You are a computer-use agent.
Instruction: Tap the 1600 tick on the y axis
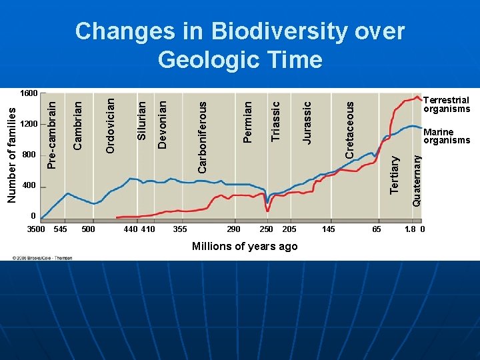(29, 93)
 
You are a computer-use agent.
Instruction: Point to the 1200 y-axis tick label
(29, 125)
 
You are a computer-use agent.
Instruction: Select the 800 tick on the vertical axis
(29, 155)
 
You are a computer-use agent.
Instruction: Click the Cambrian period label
(77, 125)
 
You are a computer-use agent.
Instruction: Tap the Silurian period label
(141, 121)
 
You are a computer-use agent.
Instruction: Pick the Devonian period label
(162, 125)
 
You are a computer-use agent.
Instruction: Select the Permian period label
(247, 122)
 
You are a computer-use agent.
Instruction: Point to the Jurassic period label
(307, 122)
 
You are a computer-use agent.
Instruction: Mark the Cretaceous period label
(349, 129)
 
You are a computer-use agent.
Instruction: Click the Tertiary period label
(395, 175)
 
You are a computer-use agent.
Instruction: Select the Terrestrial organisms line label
(447, 105)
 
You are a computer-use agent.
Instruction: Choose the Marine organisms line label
(447, 136)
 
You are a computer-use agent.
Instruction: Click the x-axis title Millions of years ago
(245, 247)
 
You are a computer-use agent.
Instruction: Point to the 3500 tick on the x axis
(35, 229)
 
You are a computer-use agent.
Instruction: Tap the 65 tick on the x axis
(377, 229)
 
